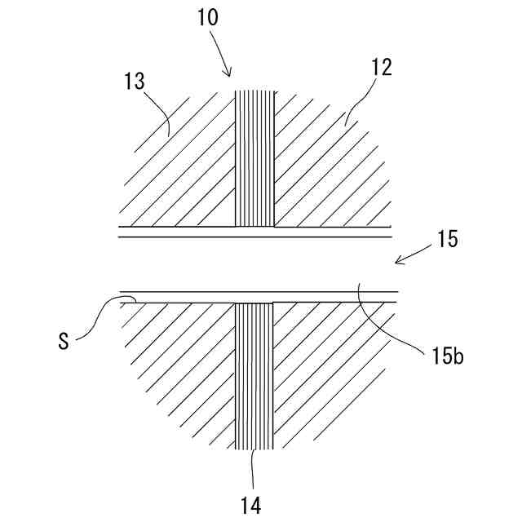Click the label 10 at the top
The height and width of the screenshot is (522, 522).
tap(208, 18)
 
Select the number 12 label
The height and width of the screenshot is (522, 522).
tap(380, 68)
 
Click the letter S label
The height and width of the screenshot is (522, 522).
tap(64, 339)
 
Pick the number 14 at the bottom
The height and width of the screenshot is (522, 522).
tap(251, 506)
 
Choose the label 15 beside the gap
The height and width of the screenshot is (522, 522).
tap(447, 240)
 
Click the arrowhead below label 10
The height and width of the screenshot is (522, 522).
tap(227, 73)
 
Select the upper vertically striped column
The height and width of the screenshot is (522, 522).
tap(254, 159)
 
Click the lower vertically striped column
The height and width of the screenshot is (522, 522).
tap(254, 375)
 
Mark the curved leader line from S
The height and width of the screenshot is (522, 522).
tap(98, 314)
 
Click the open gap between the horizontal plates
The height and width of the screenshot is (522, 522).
tap(258, 263)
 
